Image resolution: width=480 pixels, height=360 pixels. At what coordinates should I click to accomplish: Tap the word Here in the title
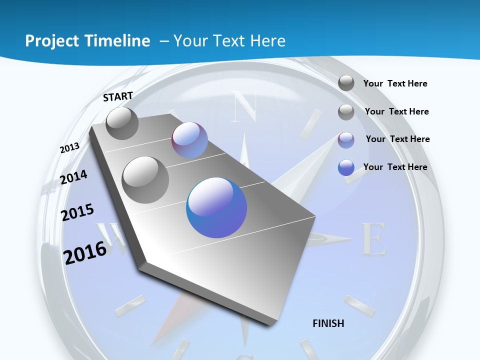coord(267,41)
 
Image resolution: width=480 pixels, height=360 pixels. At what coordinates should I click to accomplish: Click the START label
coord(118,96)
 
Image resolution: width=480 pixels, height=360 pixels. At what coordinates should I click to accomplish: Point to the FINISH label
coord(328,323)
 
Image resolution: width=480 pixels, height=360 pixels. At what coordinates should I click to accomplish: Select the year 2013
coord(69,148)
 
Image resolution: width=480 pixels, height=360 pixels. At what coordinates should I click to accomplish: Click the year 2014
coord(73,177)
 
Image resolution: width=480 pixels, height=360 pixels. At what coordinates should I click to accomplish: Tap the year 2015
coord(77,212)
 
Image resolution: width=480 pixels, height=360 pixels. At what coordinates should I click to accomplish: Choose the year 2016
coord(85,252)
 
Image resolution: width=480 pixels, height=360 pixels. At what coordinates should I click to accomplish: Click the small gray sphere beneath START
coord(122,123)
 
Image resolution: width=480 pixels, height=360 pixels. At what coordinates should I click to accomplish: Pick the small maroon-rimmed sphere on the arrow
coord(189,140)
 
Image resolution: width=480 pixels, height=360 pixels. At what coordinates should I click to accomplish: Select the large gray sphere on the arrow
coord(145,179)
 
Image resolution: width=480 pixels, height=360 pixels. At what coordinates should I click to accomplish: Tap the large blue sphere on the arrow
coord(216,207)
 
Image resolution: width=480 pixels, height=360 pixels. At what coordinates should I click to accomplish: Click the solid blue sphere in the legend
coord(346,167)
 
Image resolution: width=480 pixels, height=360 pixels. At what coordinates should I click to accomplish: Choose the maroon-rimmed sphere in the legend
coord(346,140)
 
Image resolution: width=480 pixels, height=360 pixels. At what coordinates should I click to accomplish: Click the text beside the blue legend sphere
coord(395,167)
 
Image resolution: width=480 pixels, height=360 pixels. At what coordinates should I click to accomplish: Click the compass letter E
coord(373,239)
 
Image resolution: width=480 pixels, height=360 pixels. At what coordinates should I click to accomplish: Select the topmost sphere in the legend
coord(346,83)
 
